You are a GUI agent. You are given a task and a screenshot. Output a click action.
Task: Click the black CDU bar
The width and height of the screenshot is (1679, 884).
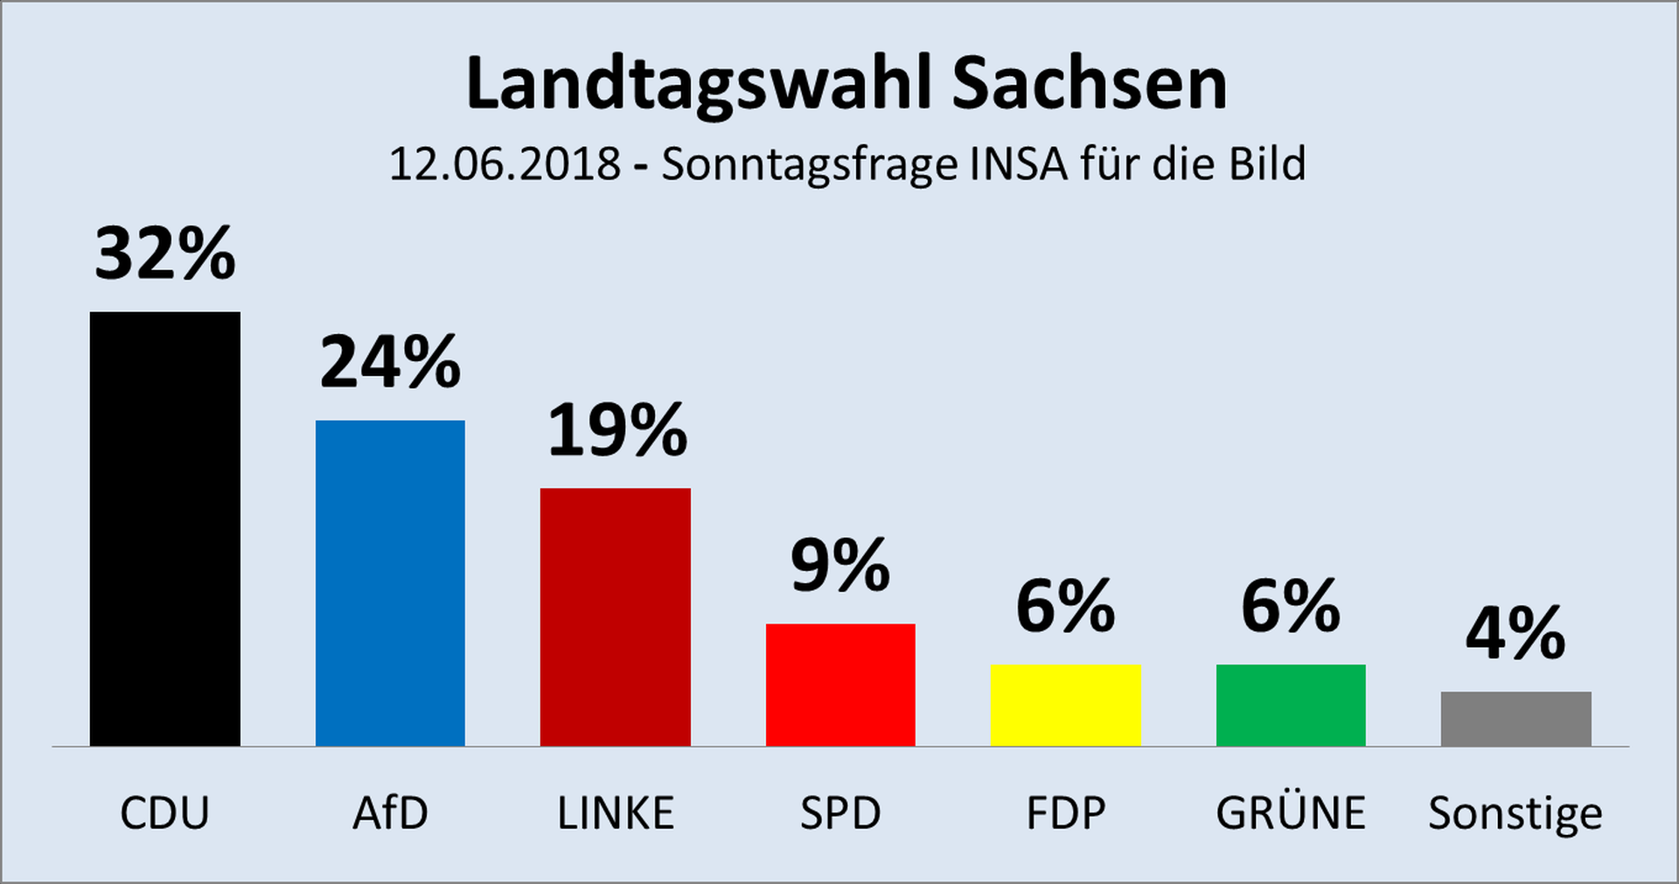[x=164, y=529]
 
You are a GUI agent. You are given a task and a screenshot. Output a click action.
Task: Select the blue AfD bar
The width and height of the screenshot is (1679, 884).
[x=390, y=583]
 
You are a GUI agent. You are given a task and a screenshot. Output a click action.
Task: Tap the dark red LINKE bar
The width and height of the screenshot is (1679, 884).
[x=616, y=616]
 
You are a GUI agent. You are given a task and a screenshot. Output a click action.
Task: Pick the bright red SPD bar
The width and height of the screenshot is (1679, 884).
[x=840, y=685]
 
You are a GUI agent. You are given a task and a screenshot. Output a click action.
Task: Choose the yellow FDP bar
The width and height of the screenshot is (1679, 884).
[x=1066, y=705]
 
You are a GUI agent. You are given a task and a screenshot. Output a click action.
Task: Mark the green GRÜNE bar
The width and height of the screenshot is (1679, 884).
[x=1291, y=705]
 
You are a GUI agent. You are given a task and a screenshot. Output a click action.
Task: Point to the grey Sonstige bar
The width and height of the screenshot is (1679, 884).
[x=1516, y=719]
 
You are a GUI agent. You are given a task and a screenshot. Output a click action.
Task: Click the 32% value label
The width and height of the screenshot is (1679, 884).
[x=165, y=254]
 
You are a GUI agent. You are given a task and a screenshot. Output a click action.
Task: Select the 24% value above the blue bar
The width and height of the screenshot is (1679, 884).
[x=390, y=362]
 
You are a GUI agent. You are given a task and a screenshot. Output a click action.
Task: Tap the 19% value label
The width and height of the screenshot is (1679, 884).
[x=617, y=430]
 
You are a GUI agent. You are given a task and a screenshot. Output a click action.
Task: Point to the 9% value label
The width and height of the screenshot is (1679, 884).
[x=840, y=566]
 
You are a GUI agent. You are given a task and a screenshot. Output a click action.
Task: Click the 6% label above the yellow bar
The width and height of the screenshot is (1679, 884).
[x=1066, y=606]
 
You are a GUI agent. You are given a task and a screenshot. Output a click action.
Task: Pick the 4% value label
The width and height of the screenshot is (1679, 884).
[x=1515, y=633]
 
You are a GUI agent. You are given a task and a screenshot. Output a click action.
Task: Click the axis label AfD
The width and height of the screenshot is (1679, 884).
[x=390, y=813]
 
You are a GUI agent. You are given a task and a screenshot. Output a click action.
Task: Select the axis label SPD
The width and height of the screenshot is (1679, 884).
[x=840, y=813]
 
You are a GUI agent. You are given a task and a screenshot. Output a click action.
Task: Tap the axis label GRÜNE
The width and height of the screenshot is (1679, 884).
[x=1291, y=813]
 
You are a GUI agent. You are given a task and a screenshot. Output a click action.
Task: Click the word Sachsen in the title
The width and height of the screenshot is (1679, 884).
[x=1090, y=84]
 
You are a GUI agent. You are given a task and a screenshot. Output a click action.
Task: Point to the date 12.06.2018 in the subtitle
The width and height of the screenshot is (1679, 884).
[x=505, y=164]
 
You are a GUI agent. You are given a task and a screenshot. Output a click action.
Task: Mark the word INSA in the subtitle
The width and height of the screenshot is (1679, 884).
[x=1019, y=164]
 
